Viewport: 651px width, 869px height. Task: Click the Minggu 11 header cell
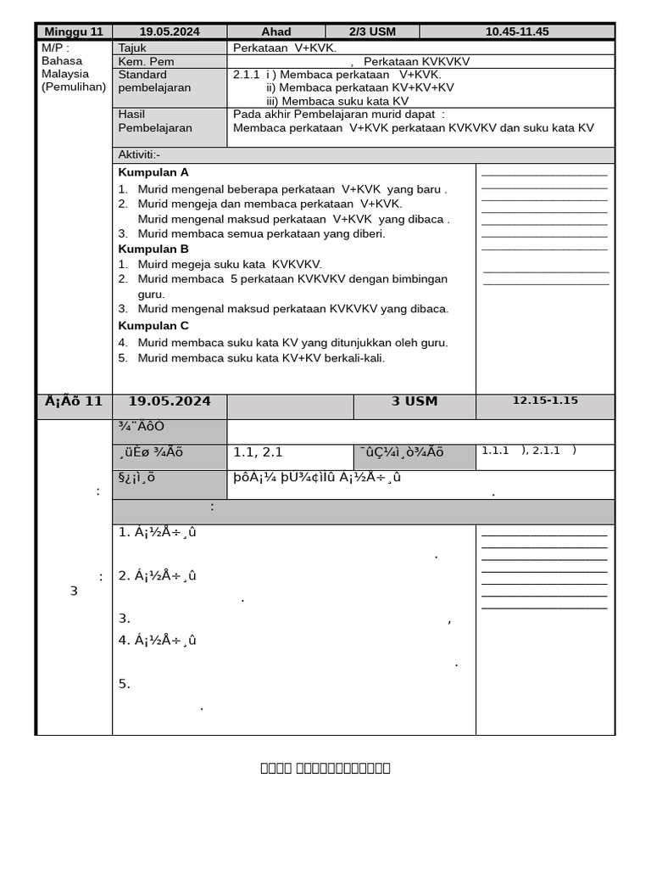(74, 31)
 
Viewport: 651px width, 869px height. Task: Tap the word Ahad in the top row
(275, 31)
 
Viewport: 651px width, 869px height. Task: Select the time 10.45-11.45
(516, 31)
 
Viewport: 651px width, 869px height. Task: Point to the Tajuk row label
(132, 48)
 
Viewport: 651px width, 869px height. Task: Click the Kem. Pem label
(146, 61)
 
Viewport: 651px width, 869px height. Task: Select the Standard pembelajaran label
(154, 81)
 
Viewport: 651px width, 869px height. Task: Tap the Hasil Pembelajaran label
(154, 121)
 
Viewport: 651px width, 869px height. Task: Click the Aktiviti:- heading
(139, 154)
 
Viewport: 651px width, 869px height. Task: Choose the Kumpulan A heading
(153, 172)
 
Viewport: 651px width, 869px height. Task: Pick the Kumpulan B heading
(153, 249)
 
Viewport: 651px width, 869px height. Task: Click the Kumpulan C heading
(153, 326)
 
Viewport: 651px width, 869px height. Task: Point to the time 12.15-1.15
(544, 401)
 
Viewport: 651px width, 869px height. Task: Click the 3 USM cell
(415, 401)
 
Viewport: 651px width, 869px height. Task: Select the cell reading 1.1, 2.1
(258, 452)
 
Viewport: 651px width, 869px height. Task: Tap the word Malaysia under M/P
(64, 74)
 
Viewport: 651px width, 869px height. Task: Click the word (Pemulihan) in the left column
(73, 87)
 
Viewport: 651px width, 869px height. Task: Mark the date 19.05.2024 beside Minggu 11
(169, 31)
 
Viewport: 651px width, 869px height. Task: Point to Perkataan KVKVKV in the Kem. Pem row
(416, 61)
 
